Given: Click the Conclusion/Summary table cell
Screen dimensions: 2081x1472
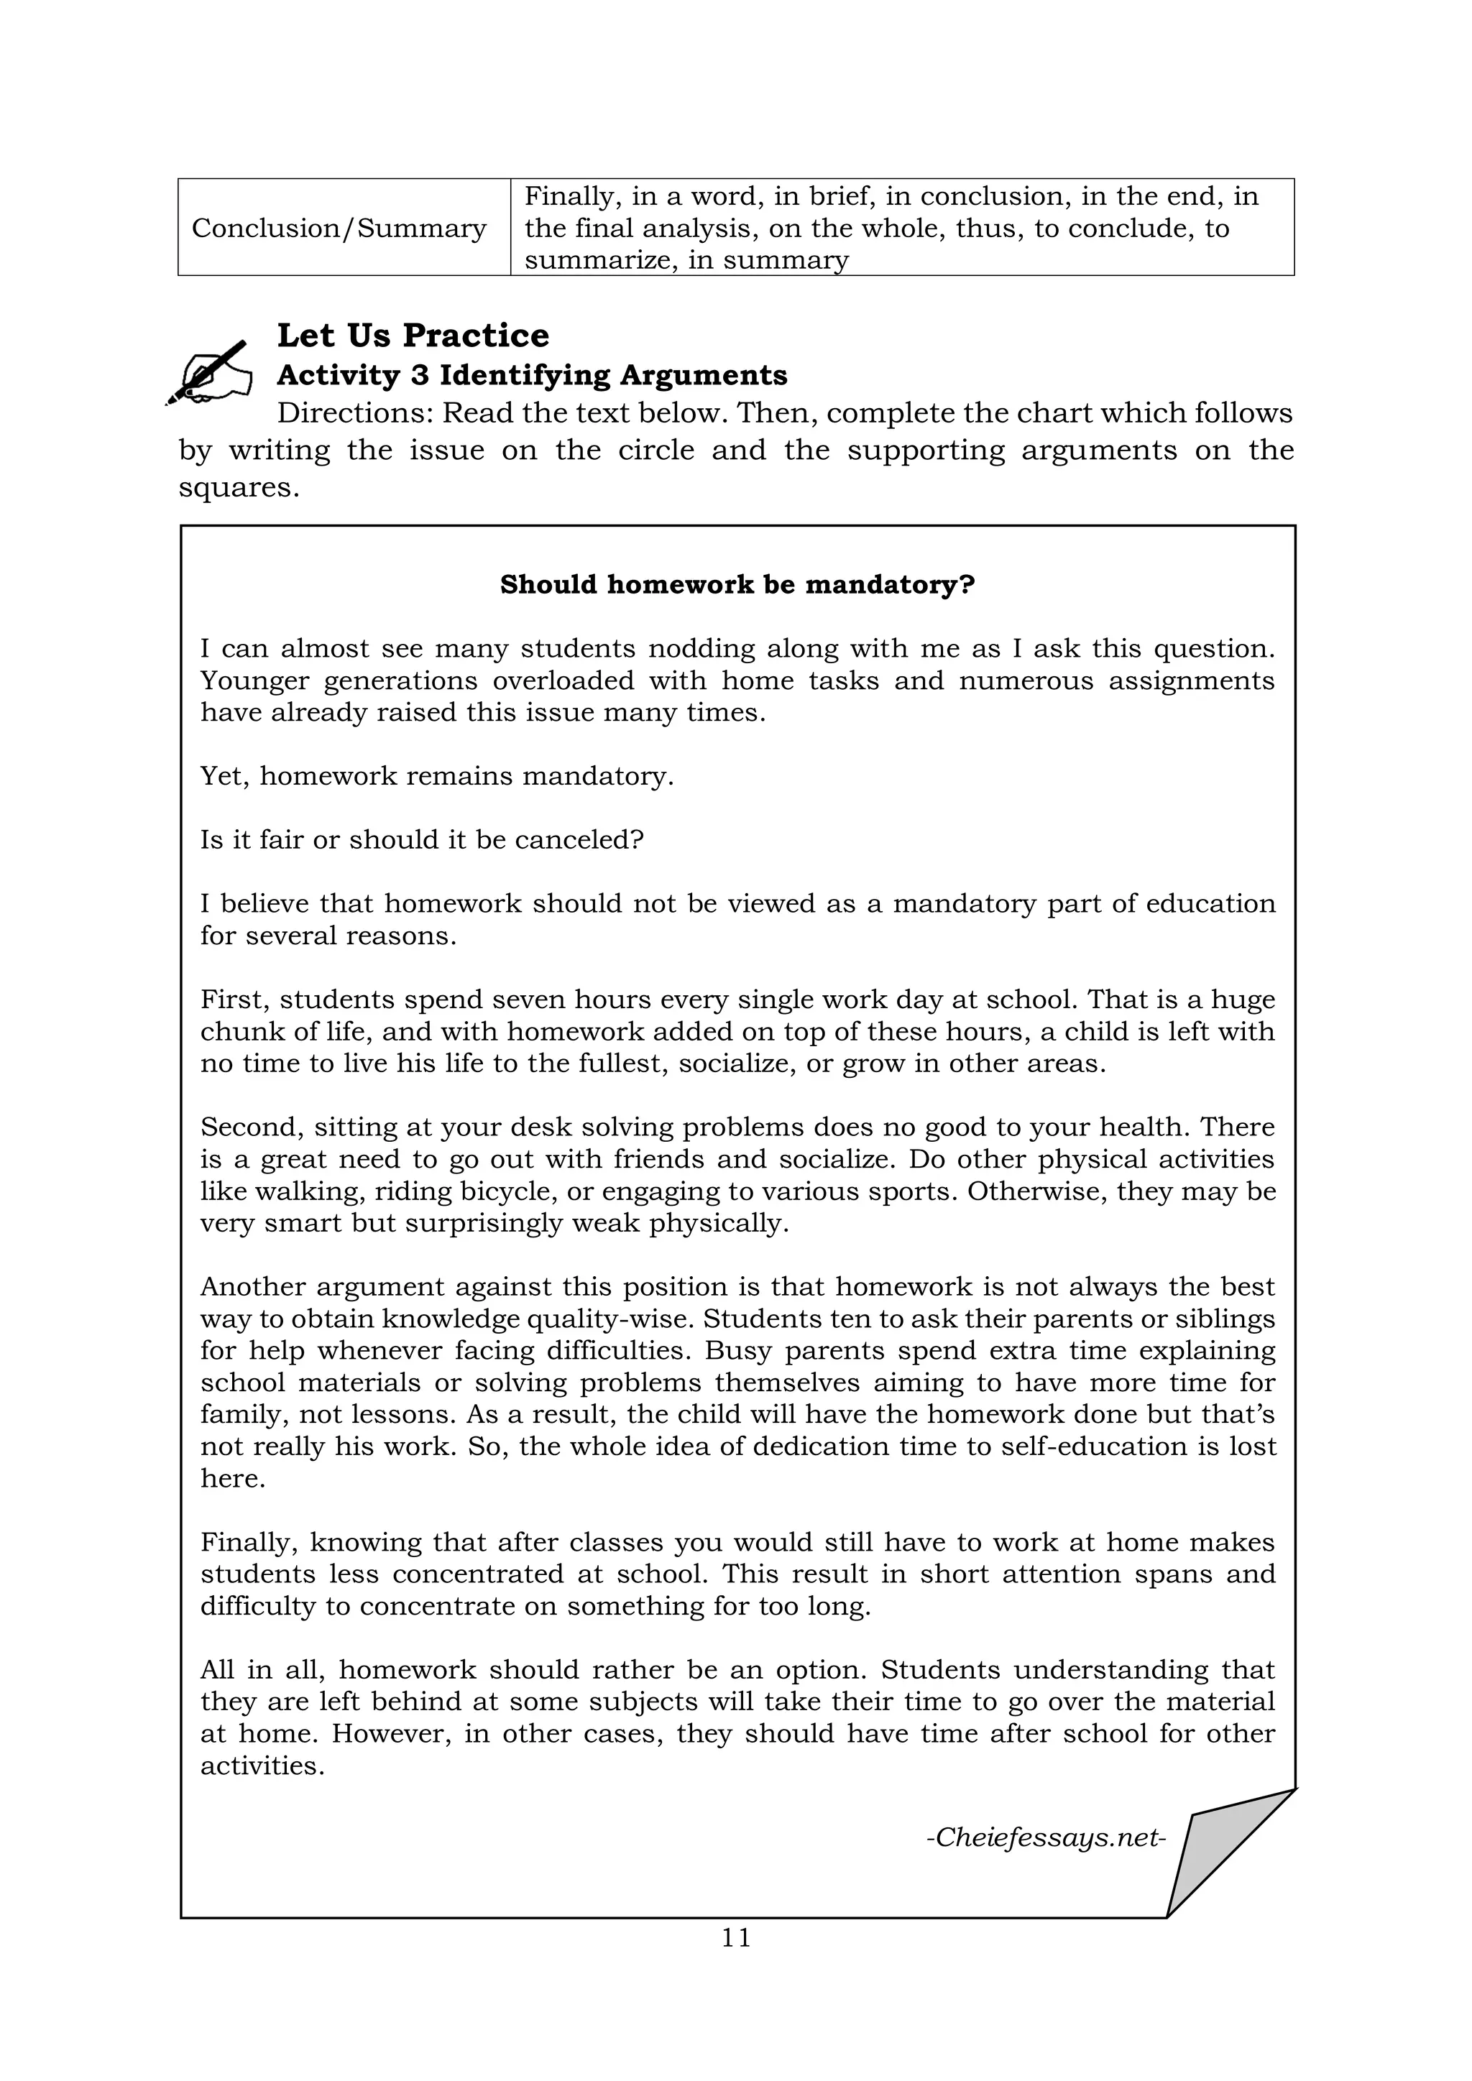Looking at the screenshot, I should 339,228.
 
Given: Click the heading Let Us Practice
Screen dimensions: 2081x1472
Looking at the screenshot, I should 413,336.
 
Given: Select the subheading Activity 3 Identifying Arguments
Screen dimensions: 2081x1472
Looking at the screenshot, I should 531,375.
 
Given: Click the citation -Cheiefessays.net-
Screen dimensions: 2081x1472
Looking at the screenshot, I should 1045,1837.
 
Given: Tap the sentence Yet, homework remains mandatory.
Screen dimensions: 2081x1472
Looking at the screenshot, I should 436,777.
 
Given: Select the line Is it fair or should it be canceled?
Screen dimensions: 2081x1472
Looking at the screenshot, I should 420,840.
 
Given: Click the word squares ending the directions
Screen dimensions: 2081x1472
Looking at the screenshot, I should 236,488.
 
